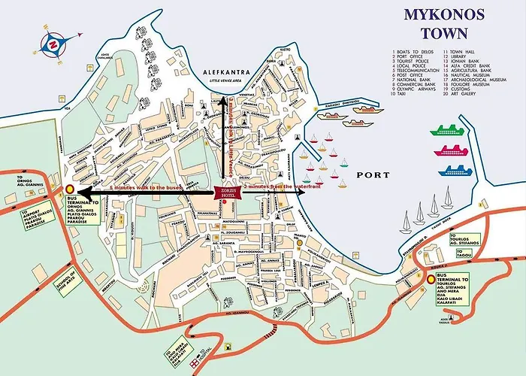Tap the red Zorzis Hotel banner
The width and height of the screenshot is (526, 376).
pyautogui.click(x=228, y=193)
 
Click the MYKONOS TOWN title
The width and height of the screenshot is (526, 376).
pyautogui.click(x=435, y=23)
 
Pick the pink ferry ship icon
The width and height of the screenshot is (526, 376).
pyautogui.click(x=449, y=150)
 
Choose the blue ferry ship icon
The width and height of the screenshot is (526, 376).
pyautogui.click(x=454, y=171)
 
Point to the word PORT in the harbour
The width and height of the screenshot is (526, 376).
pyautogui.click(x=373, y=175)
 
